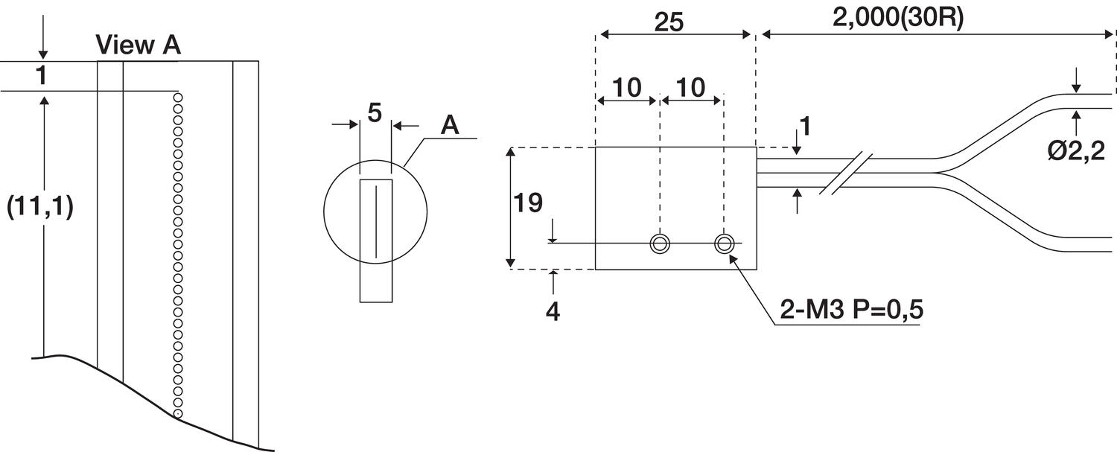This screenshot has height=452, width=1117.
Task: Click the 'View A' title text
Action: pyautogui.click(x=139, y=45)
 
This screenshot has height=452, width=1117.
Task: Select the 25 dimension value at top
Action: pyautogui.click(x=669, y=22)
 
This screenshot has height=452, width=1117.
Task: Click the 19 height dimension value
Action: pyautogui.click(x=528, y=203)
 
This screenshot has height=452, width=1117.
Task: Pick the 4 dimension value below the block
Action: pyautogui.click(x=552, y=311)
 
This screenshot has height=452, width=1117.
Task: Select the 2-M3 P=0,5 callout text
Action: pyautogui.click(x=851, y=310)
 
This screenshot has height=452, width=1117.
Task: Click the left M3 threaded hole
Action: pyautogui.click(x=659, y=243)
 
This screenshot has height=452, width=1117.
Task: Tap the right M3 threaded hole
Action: pyautogui.click(x=724, y=243)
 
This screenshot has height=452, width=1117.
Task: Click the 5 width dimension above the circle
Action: pyautogui.click(x=375, y=112)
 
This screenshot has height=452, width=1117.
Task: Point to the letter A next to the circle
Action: pyautogui.click(x=449, y=125)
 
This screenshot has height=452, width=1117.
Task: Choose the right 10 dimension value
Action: pyautogui.click(x=691, y=88)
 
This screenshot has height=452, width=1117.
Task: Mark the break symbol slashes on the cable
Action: pyautogui.click(x=844, y=174)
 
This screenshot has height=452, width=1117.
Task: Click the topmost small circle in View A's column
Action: pyautogui.click(x=177, y=97)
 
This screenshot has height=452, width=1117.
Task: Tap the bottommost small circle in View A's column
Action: pyautogui.click(x=177, y=413)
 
